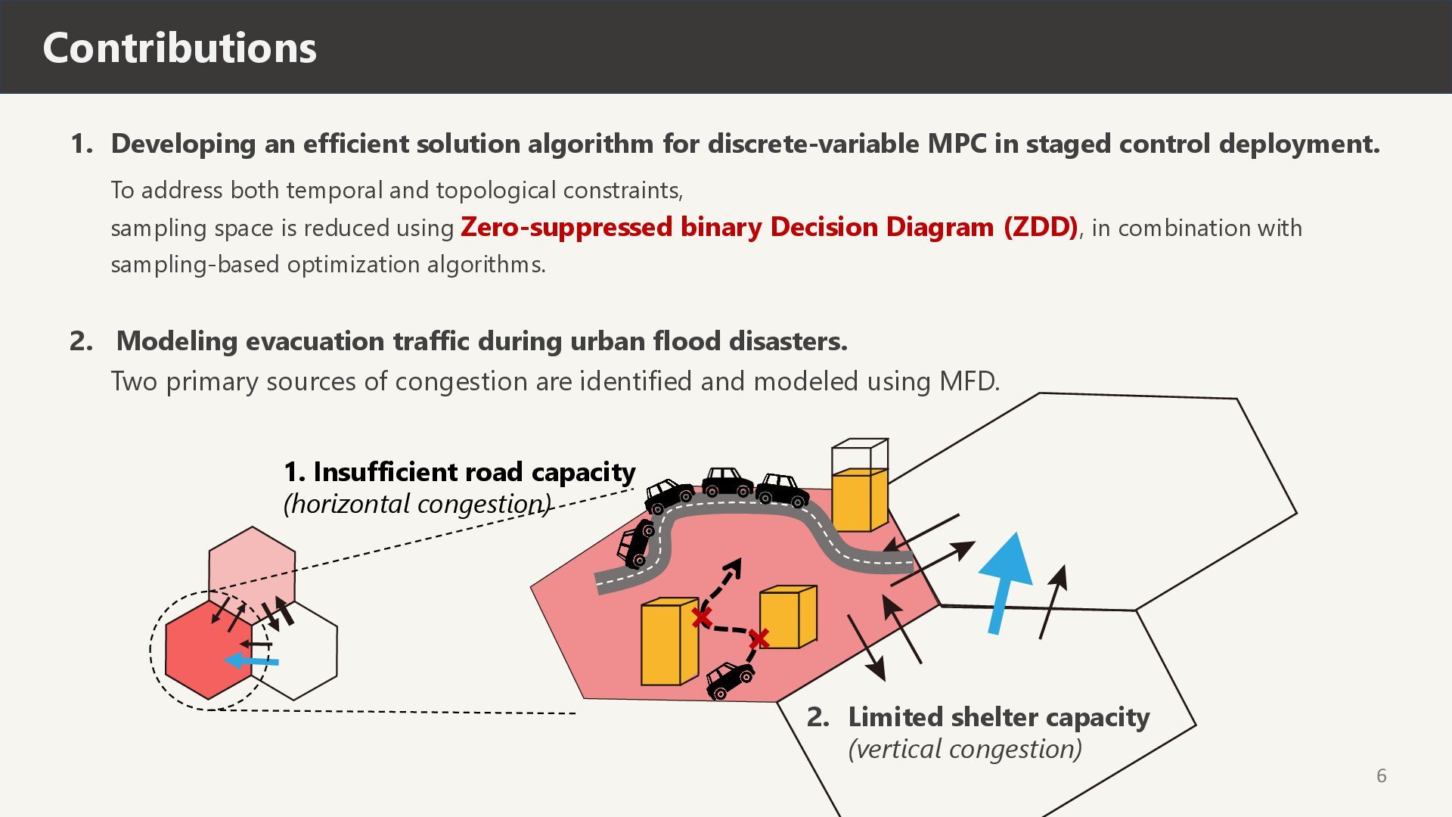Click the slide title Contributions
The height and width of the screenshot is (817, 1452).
pyautogui.click(x=179, y=48)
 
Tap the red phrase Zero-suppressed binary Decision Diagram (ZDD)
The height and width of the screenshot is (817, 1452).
pyautogui.click(x=768, y=227)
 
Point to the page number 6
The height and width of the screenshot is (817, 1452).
pyautogui.click(x=1381, y=775)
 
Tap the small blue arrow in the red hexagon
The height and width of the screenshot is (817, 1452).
pyautogui.click(x=252, y=661)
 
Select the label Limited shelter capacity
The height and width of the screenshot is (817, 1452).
pyautogui.click(x=998, y=717)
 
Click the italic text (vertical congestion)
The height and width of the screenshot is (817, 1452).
pyautogui.click(x=965, y=749)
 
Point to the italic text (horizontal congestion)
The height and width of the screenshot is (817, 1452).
pyautogui.click(x=417, y=504)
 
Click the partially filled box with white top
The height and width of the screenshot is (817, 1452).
pyautogui.click(x=859, y=485)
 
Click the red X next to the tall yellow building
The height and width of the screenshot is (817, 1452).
pyautogui.click(x=701, y=618)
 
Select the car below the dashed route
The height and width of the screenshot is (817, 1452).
pyautogui.click(x=728, y=679)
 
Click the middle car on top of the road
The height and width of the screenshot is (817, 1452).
pyautogui.click(x=727, y=483)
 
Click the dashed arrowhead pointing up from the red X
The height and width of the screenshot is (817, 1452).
pyautogui.click(x=732, y=567)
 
